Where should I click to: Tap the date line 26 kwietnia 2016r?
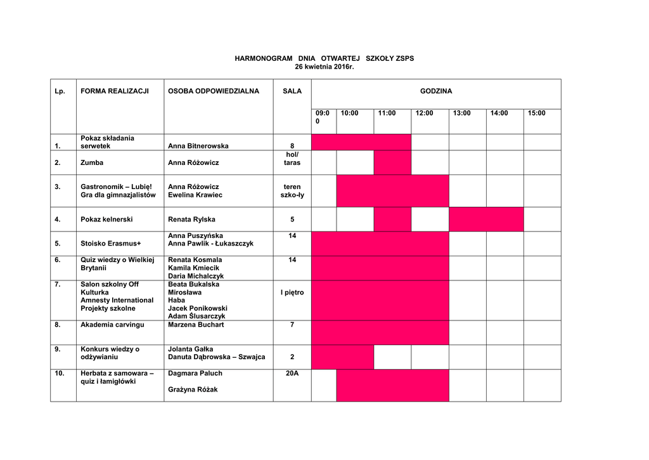pyautogui.click(x=324, y=67)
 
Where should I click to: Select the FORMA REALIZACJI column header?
pyautogui.click(x=115, y=91)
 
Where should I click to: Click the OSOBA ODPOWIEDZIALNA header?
pyautogui.click(x=214, y=91)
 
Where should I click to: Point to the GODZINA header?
pyautogui.click(x=436, y=91)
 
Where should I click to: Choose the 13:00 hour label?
pyautogui.click(x=462, y=113)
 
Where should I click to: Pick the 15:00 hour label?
pyautogui.click(x=536, y=113)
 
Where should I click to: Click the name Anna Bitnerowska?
pyautogui.click(x=198, y=146)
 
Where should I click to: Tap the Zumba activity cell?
pyautogui.click(x=92, y=162)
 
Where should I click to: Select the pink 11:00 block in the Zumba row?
pyautogui.click(x=392, y=162)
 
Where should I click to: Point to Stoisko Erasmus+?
pyautogui.click(x=111, y=243)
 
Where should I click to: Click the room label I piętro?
pyautogui.click(x=292, y=292)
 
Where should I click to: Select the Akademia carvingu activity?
pyautogui.click(x=112, y=325)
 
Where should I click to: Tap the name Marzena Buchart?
pyautogui.click(x=196, y=325)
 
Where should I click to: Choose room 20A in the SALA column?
pyautogui.click(x=292, y=374)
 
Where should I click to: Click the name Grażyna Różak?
pyautogui.click(x=193, y=390)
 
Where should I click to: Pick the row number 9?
pyautogui.click(x=58, y=349)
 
